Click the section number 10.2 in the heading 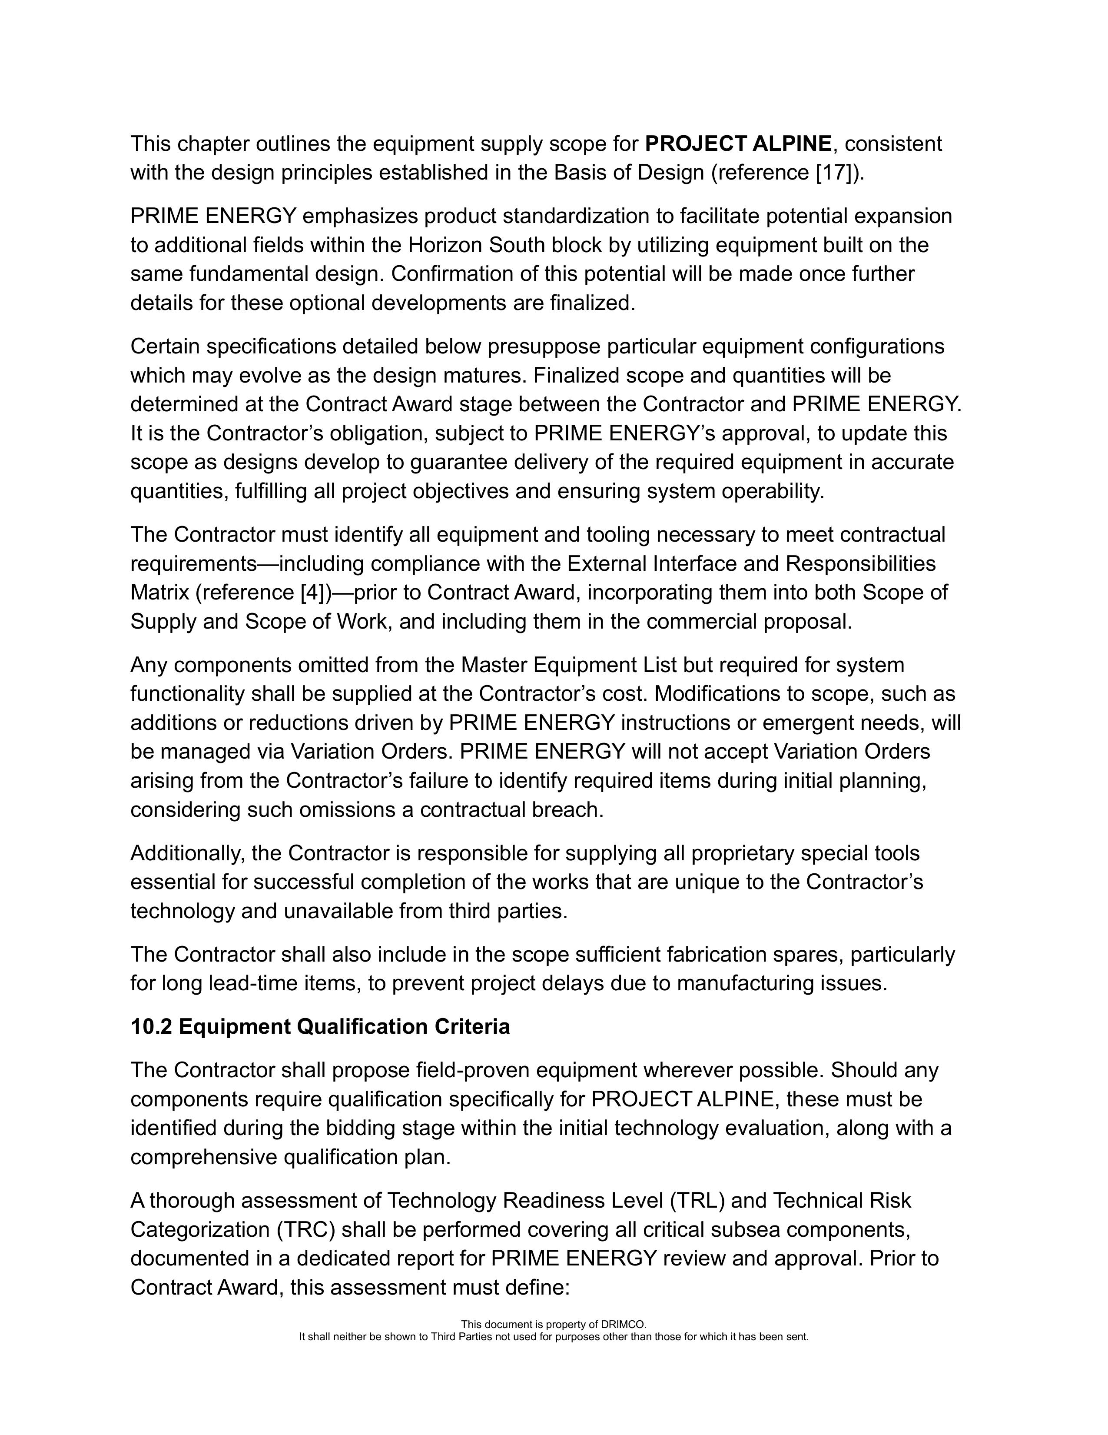tap(151, 1026)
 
